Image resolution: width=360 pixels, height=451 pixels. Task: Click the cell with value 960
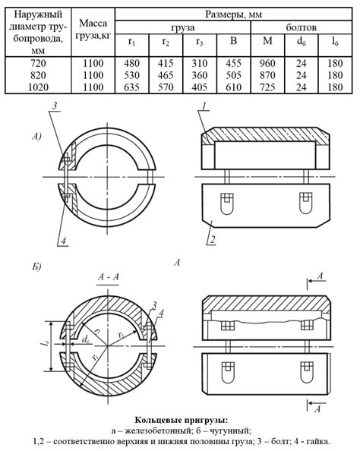pyautogui.click(x=267, y=63)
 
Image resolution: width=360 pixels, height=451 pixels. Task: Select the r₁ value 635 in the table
pyautogui.click(x=132, y=87)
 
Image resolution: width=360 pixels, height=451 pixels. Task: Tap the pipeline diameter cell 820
pyautogui.click(x=38, y=75)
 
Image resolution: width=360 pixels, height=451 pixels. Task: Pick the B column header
pyautogui.click(x=233, y=41)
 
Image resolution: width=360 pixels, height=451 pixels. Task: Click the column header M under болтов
pyautogui.click(x=267, y=41)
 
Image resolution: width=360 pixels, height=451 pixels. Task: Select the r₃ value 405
pyautogui.click(x=200, y=87)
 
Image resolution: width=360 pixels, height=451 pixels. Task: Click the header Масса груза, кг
pyautogui.click(x=93, y=30)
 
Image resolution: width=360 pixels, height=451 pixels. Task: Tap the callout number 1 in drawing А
pyautogui.click(x=204, y=106)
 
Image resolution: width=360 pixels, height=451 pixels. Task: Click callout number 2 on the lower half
pyautogui.click(x=213, y=240)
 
